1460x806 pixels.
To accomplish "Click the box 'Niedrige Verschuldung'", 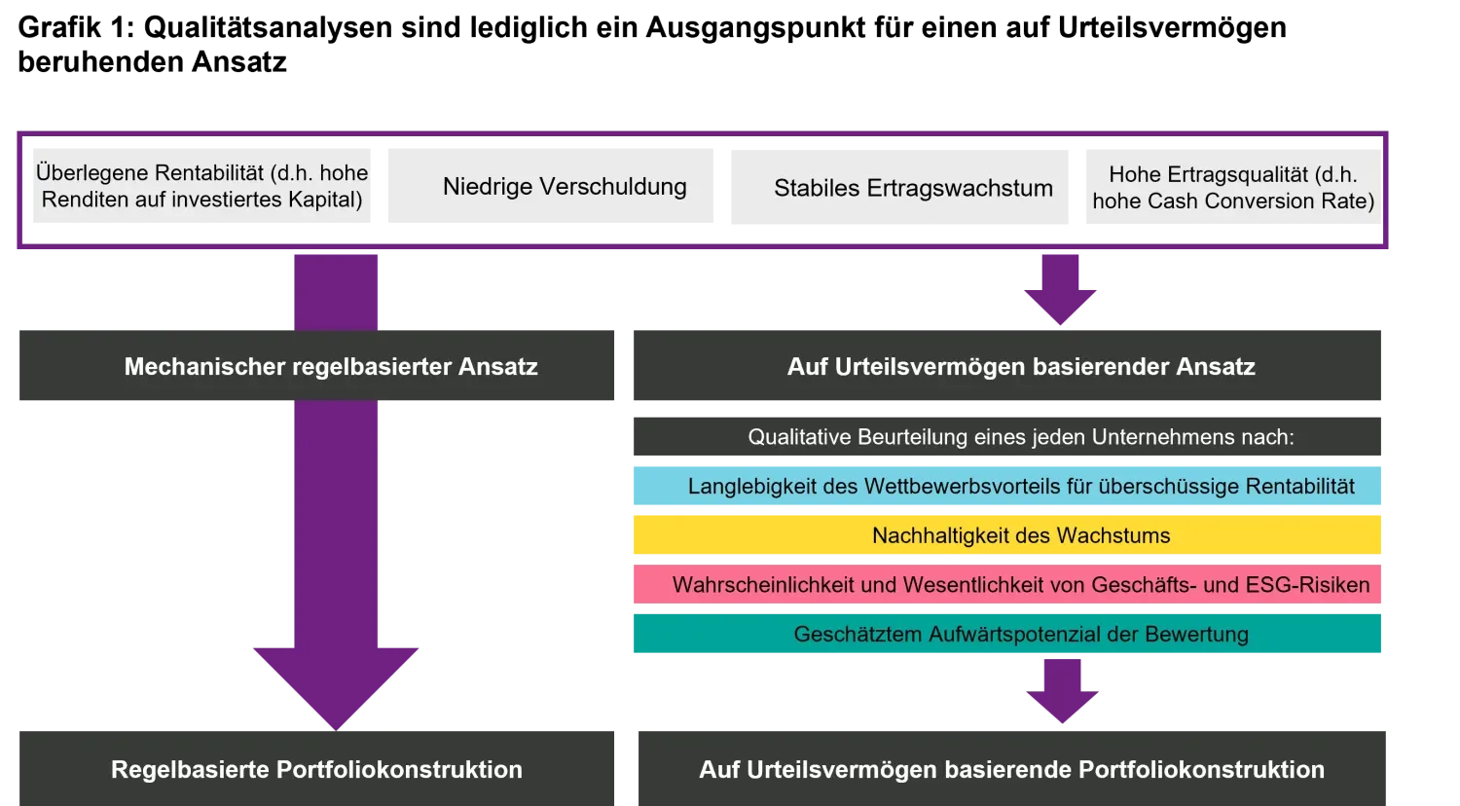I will (x=548, y=187).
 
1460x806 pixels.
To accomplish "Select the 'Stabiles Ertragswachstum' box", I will (x=898, y=188).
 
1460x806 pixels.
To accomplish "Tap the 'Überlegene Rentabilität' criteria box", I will (x=201, y=187).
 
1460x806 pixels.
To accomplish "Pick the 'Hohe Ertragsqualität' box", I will (x=1232, y=187).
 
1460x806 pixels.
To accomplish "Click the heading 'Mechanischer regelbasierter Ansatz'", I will (x=330, y=367).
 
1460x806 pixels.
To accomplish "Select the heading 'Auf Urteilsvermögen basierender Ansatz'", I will (x=1020, y=367).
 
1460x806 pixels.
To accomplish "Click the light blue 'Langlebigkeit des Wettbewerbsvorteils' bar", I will (x=1007, y=486).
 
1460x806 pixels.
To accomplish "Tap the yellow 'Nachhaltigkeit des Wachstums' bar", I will (x=1007, y=535).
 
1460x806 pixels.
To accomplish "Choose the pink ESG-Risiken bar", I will (x=1007, y=585).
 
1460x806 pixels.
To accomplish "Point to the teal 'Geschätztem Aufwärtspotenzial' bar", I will (x=1007, y=635).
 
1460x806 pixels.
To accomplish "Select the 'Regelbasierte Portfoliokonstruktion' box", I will (x=316, y=769).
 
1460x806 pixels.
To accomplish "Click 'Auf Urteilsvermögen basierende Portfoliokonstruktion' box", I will (x=1011, y=769).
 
